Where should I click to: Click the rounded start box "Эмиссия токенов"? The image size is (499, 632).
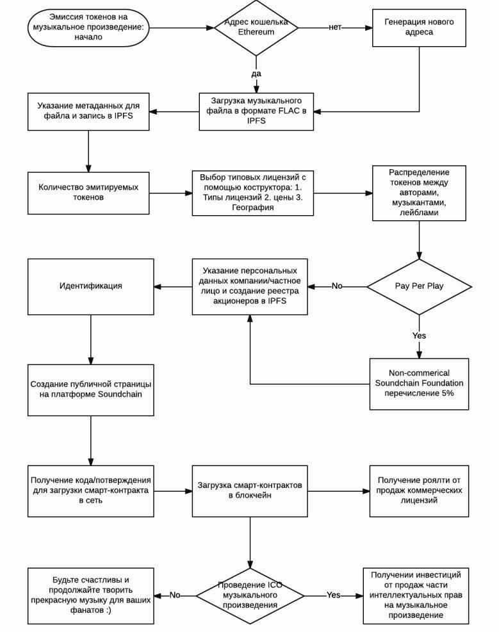pyautogui.click(x=88, y=28)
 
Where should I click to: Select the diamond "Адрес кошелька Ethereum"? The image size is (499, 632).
pyautogui.click(x=256, y=28)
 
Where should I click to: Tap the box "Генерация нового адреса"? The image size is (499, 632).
pyautogui.click(x=419, y=28)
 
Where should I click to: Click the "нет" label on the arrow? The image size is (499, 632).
pyautogui.click(x=335, y=28)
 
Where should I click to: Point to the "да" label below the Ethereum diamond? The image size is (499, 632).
pyautogui.click(x=256, y=74)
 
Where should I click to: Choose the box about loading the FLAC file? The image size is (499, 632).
pyautogui.click(x=256, y=111)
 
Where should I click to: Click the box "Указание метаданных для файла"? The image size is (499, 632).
pyautogui.click(x=88, y=111)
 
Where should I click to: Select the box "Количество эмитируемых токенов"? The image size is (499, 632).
pyautogui.click(x=88, y=193)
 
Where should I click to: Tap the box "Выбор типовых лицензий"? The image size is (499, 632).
pyautogui.click(x=253, y=193)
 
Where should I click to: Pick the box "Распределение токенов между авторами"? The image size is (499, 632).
pyautogui.click(x=419, y=193)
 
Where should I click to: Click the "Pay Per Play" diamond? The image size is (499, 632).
pyautogui.click(x=419, y=287)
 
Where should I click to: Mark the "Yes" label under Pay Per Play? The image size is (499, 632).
pyautogui.click(x=419, y=336)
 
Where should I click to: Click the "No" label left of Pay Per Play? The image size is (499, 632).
pyautogui.click(x=337, y=286)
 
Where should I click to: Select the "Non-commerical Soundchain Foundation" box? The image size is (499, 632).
pyautogui.click(x=419, y=384)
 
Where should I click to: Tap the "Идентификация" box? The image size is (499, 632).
pyautogui.click(x=91, y=287)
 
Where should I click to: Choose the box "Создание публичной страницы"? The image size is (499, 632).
pyautogui.click(x=91, y=390)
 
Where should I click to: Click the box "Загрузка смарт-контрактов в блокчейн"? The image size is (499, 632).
pyautogui.click(x=250, y=491)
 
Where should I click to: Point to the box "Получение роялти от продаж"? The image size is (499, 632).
pyautogui.click(x=419, y=491)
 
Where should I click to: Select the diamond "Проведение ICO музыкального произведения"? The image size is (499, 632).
pyautogui.click(x=250, y=596)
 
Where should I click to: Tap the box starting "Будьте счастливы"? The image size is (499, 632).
pyautogui.click(x=91, y=596)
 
